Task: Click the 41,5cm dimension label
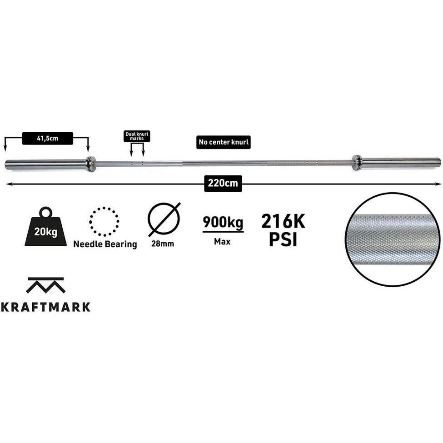(47, 139)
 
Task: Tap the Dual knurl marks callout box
(137, 136)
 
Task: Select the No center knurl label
(224, 142)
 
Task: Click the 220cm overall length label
(223, 184)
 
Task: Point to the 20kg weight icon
(46, 227)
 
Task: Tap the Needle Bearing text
(105, 244)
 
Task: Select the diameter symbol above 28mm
(164, 219)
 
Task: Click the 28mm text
(163, 244)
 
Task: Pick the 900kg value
(223, 222)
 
